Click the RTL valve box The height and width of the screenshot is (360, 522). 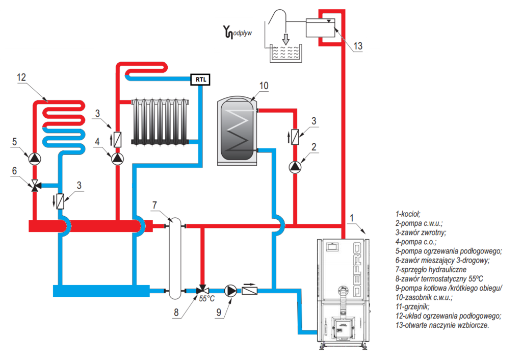coord(200,80)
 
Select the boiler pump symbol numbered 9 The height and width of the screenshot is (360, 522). coord(230,291)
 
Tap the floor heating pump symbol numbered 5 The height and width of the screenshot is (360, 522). coord(34,159)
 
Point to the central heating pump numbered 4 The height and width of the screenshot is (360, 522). coord(117,159)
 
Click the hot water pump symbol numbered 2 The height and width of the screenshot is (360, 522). coord(295,167)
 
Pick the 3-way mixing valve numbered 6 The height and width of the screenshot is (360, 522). coord(35,186)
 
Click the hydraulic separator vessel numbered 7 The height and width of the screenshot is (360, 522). coord(175,259)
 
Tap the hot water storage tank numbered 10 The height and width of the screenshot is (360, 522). coord(238,131)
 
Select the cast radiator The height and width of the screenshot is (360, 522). coord(160,121)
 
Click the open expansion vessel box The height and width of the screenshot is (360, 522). coord(320,28)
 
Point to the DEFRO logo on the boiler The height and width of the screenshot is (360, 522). coord(357,270)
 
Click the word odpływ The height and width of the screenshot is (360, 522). coord(242,33)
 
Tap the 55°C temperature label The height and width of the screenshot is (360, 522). coord(207,299)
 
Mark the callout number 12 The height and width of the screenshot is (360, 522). coord(21,78)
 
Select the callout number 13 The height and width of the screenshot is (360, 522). coord(358,46)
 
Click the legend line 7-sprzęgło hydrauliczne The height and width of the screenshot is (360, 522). coord(431,270)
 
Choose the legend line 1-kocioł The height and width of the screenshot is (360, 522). coord(408,214)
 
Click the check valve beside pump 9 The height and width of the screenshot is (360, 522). coord(249,291)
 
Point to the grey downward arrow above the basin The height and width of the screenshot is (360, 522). coord(285,39)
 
